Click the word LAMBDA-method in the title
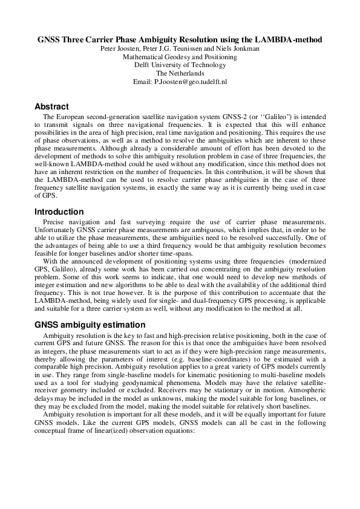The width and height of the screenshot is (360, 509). [x=284, y=39]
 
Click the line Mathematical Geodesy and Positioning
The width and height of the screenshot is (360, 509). [x=180, y=57]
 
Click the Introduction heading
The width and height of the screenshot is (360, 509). [x=59, y=212]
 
